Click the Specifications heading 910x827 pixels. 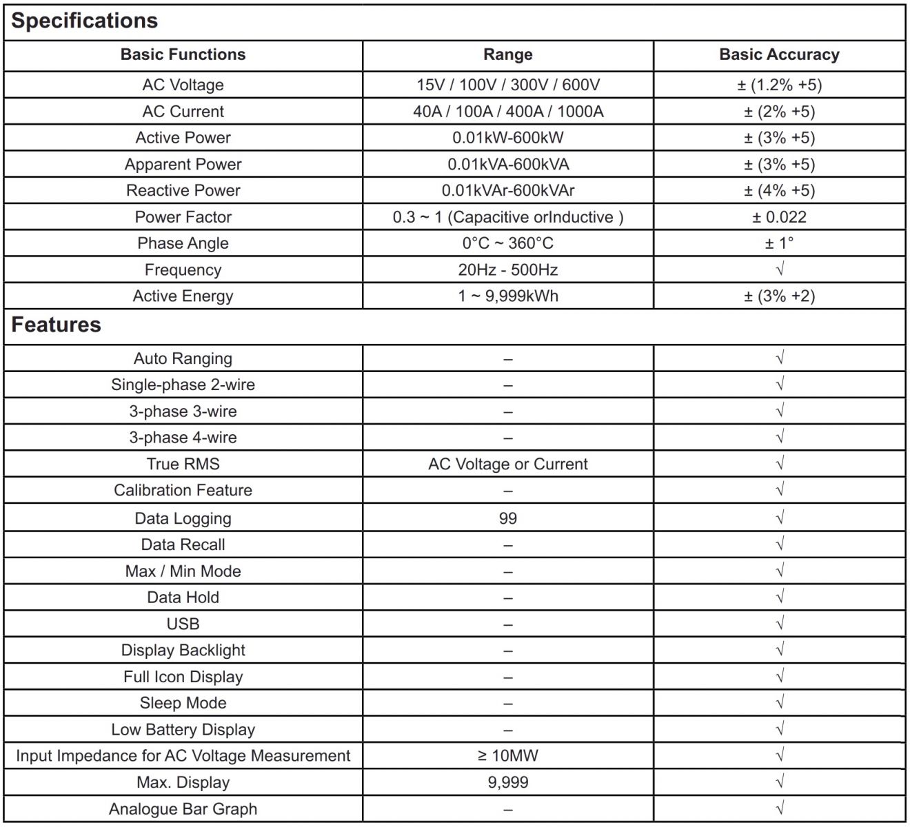85,21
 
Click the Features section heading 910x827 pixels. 57,325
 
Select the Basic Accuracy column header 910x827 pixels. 779,54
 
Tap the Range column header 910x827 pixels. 507,54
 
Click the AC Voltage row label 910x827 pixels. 183,85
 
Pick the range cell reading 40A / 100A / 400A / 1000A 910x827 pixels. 507,112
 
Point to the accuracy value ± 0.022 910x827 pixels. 779,217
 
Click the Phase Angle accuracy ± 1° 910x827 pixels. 779,243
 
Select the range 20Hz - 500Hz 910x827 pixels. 507,269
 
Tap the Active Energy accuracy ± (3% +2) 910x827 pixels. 779,296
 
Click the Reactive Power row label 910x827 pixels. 183,190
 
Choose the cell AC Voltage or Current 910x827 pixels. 507,464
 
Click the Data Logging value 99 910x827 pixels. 507,518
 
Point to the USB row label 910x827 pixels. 183,624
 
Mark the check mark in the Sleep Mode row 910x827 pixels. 780,702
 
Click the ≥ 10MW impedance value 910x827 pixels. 507,756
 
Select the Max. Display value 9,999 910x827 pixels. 507,782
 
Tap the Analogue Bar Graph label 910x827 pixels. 183,809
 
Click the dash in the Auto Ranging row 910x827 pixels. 507,359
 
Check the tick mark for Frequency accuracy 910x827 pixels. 780,269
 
